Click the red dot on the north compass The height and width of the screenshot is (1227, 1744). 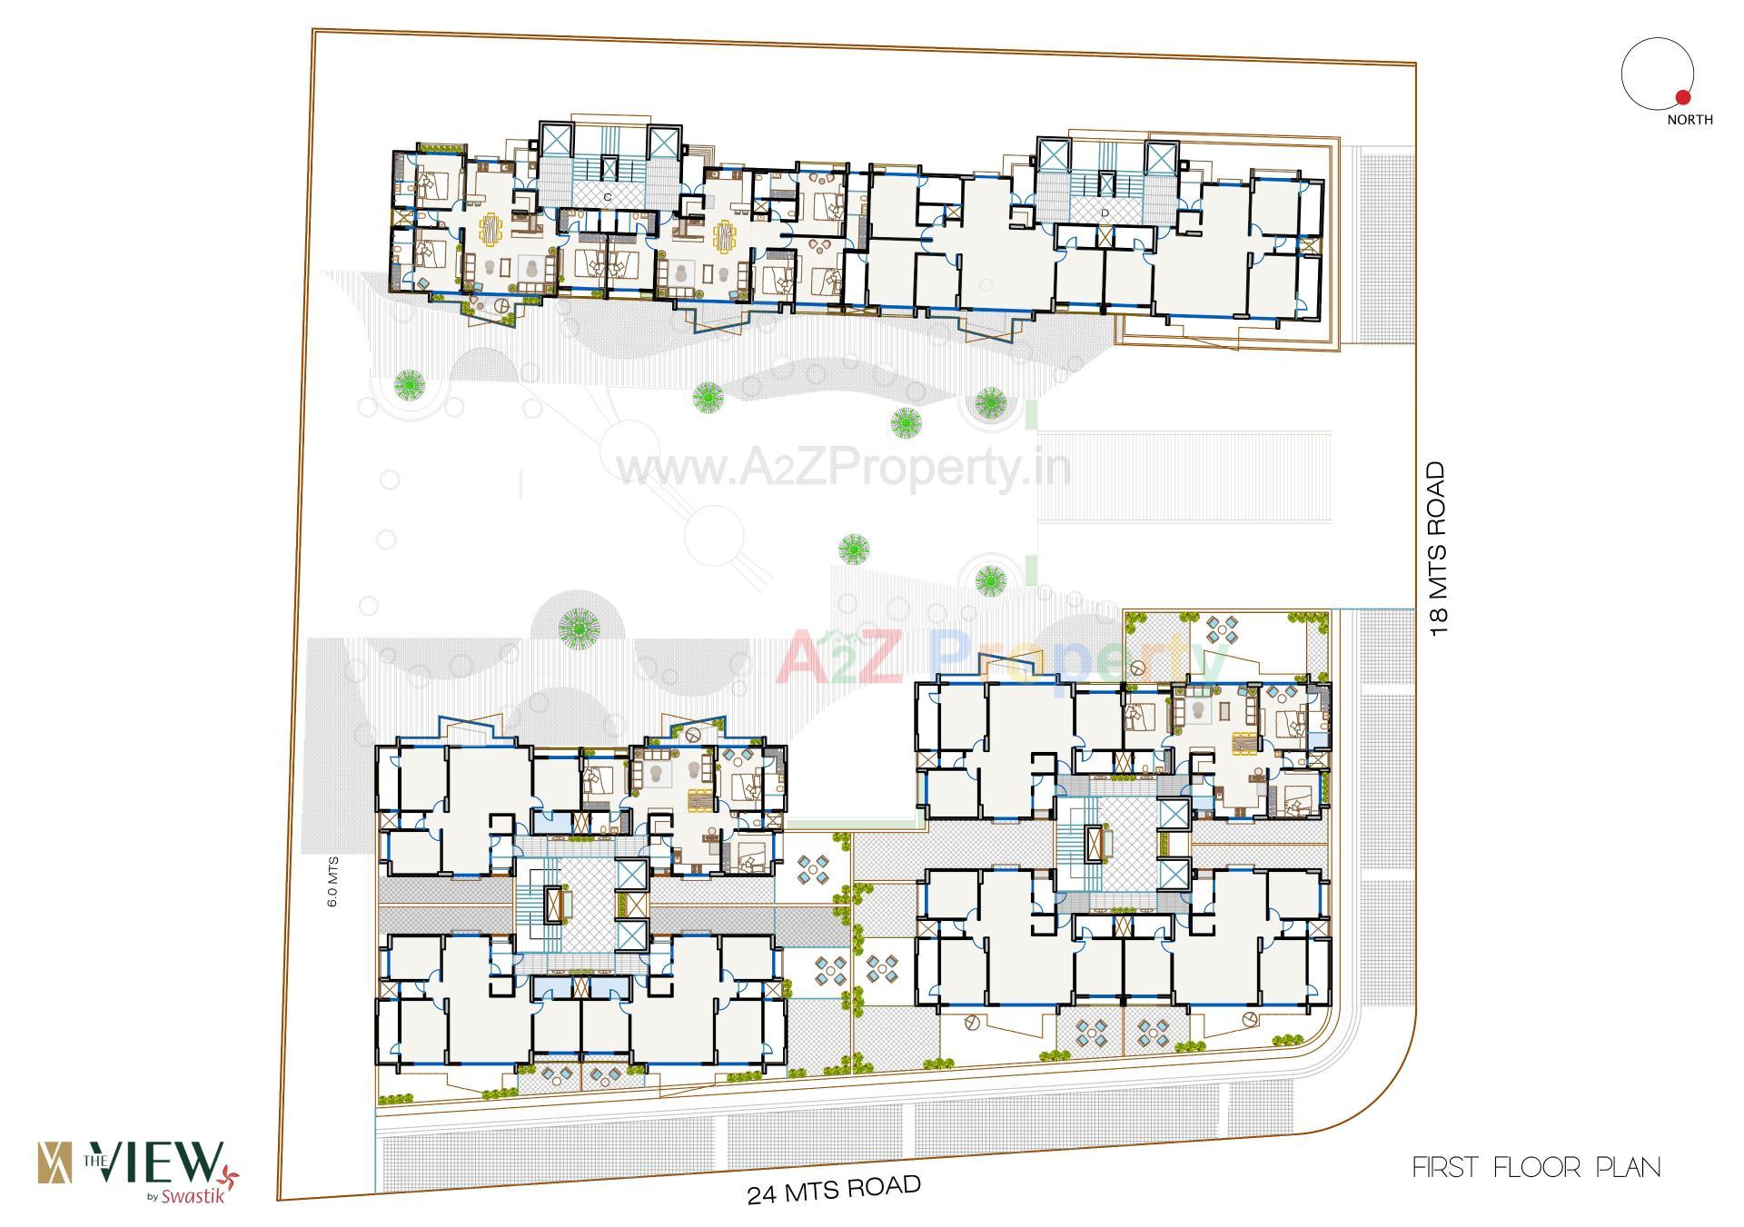click(x=1682, y=97)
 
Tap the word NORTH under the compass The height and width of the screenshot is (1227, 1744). click(x=1689, y=120)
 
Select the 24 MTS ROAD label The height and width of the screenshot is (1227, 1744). click(x=834, y=1189)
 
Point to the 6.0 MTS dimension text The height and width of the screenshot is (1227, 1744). click(x=332, y=882)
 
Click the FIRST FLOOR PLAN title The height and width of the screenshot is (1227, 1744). click(x=1536, y=1167)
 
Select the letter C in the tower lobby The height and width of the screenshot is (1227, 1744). click(x=607, y=197)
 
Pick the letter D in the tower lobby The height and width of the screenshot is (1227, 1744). click(x=1105, y=213)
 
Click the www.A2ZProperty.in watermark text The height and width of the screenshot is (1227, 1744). click(x=844, y=469)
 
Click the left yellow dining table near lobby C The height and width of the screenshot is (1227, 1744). click(x=490, y=229)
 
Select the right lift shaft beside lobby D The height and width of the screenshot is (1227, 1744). click(x=1161, y=157)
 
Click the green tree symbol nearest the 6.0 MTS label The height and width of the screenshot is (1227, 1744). click(x=579, y=627)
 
